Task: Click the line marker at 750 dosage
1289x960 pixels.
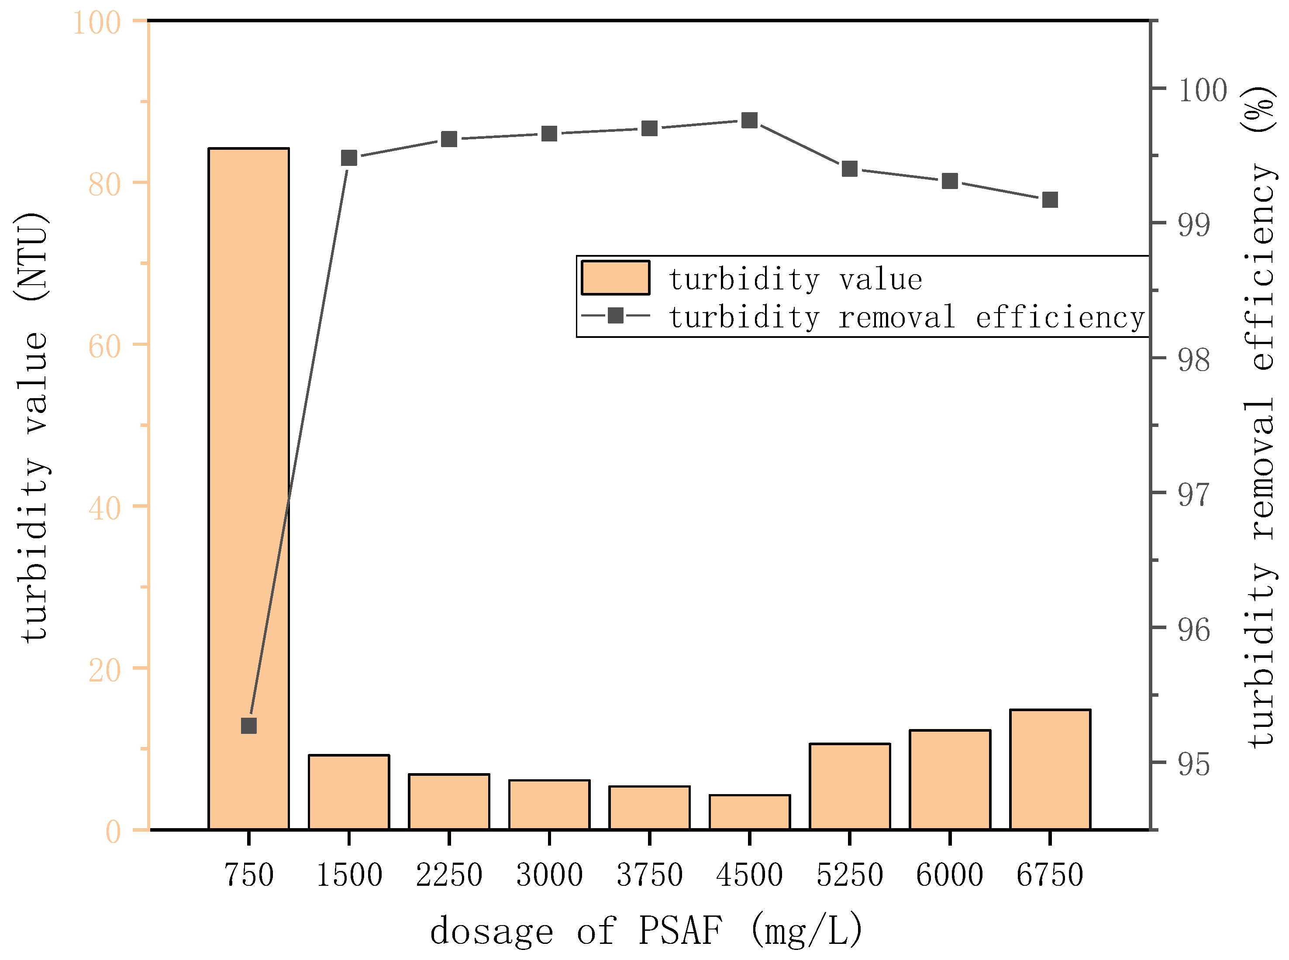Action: point(249,726)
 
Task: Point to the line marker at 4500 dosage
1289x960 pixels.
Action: point(749,120)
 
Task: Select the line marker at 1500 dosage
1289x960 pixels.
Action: point(349,158)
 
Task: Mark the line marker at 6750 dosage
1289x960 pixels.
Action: point(1050,200)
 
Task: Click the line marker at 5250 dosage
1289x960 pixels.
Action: point(850,169)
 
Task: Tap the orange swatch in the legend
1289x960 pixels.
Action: point(615,278)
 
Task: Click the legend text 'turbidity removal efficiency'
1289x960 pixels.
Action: point(906,317)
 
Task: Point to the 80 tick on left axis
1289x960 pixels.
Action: point(105,184)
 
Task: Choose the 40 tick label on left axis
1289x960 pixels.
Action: point(105,509)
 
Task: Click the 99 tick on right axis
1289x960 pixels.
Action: point(1194,225)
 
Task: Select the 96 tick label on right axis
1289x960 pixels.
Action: point(1194,630)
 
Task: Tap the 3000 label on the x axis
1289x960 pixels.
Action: point(549,874)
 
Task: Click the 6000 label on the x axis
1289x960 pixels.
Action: point(950,874)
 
